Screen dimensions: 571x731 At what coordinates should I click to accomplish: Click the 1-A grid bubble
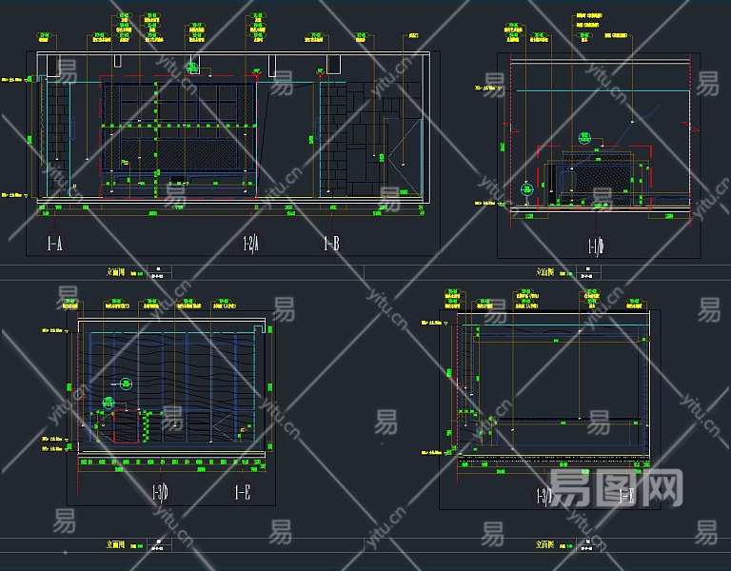[x=53, y=245]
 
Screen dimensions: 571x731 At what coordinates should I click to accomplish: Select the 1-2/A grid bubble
[x=250, y=245]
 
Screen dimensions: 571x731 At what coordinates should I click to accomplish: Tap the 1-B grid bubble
[x=330, y=245]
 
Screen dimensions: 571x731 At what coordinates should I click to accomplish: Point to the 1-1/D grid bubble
[x=596, y=247]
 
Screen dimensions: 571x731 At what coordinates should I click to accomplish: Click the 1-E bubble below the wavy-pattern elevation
[x=243, y=492]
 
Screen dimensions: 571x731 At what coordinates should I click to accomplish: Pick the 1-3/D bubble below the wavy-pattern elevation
[x=160, y=492]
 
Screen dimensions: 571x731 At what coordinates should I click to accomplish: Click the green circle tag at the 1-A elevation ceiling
[x=193, y=68]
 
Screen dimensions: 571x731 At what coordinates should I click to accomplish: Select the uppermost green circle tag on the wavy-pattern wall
[x=127, y=383]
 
